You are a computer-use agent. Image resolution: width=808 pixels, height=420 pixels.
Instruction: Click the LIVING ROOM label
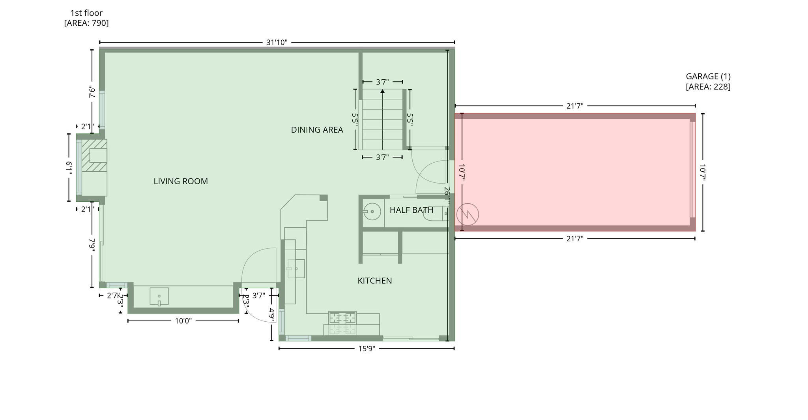pyautogui.click(x=181, y=181)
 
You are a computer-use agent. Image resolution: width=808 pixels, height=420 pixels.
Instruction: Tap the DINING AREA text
pyautogui.click(x=317, y=130)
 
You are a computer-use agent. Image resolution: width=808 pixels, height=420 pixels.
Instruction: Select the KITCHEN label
pyautogui.click(x=374, y=281)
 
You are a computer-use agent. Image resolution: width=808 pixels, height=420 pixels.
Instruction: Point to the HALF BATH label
pyautogui.click(x=411, y=210)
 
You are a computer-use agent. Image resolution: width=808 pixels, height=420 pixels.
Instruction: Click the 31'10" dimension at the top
pyautogui.click(x=277, y=42)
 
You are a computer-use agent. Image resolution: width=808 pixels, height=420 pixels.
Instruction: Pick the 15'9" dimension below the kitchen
pyautogui.click(x=366, y=349)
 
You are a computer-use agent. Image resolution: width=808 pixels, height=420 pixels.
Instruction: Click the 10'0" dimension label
pyautogui.click(x=183, y=321)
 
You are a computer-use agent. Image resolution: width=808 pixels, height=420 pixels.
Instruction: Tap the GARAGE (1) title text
pyautogui.click(x=708, y=77)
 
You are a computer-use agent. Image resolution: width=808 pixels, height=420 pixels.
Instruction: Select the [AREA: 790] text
pyautogui.click(x=86, y=23)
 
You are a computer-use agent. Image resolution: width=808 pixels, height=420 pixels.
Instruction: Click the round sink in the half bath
pyautogui.click(x=372, y=212)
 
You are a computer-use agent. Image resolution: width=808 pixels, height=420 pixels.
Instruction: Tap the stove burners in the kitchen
pyautogui.click(x=342, y=318)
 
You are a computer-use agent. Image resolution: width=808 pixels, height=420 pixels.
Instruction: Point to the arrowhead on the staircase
pyautogui.click(x=382, y=91)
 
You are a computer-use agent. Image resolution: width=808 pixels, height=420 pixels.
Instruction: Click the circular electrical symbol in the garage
pyautogui.click(x=468, y=215)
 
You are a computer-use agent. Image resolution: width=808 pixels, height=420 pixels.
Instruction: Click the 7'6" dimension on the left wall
pyautogui.click(x=92, y=92)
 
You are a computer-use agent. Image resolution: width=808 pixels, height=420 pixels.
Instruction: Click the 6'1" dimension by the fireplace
pyautogui.click(x=69, y=168)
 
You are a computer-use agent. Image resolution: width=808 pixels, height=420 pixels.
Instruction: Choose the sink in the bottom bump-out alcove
pyautogui.click(x=159, y=296)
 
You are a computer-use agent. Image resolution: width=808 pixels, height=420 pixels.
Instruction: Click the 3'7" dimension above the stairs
pyautogui.click(x=382, y=82)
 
